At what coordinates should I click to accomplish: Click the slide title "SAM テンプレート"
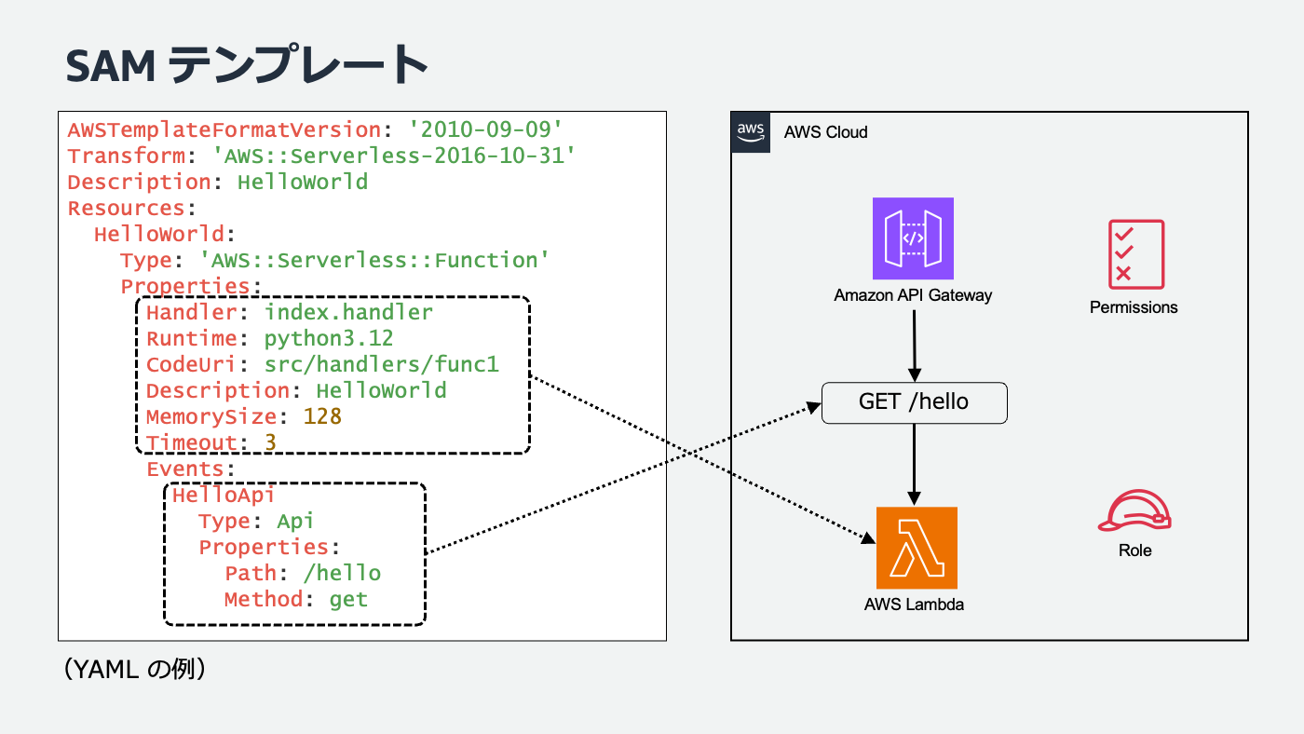[x=247, y=65]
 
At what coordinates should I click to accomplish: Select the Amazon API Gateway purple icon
[x=913, y=238]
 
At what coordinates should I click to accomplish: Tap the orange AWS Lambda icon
[x=917, y=548]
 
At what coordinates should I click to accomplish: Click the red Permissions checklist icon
[x=1135, y=254]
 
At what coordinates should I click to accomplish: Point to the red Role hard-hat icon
[x=1134, y=511]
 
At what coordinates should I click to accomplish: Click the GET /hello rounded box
[x=914, y=402]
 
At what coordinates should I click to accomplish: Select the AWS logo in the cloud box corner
[x=751, y=132]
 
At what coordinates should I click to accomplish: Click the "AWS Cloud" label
[x=825, y=132]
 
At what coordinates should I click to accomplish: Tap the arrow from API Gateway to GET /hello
[x=914, y=344]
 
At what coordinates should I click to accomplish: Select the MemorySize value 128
[x=323, y=416]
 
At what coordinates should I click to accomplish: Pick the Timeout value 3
[x=270, y=442]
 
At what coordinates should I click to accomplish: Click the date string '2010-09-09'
[x=487, y=129]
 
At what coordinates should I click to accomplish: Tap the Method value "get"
[x=349, y=599]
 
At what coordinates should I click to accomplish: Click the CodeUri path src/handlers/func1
[x=382, y=364]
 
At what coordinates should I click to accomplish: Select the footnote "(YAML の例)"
[x=134, y=669]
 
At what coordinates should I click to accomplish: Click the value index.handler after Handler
[x=349, y=312]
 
